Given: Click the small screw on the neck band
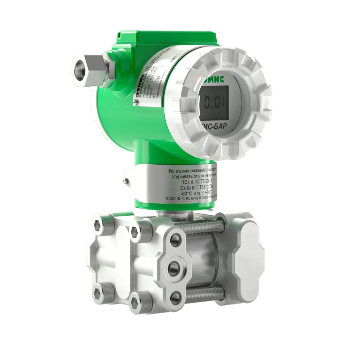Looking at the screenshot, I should (x=127, y=178).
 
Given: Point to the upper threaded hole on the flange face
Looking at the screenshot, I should (x=175, y=240).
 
